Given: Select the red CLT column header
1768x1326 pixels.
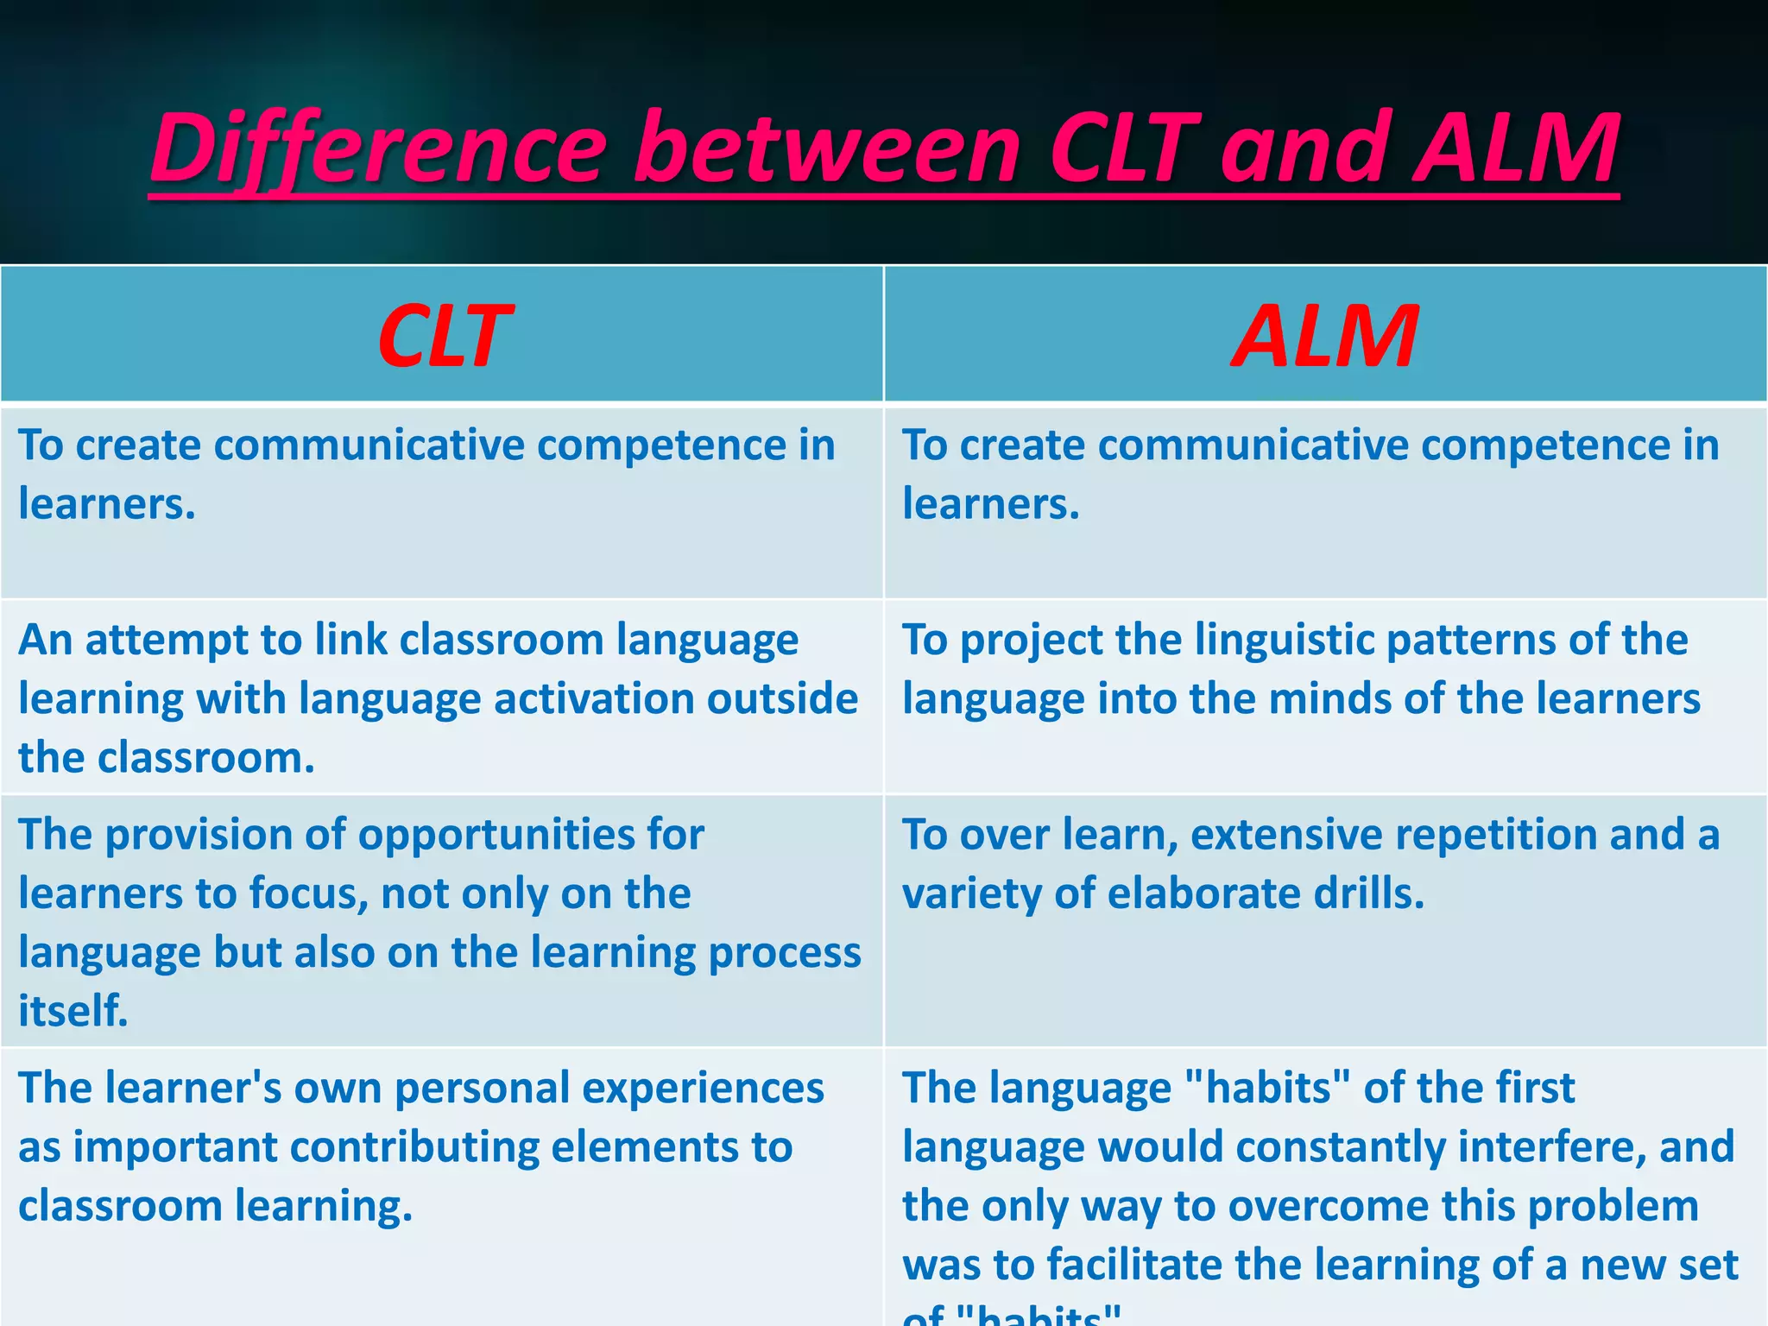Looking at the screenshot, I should (x=444, y=336).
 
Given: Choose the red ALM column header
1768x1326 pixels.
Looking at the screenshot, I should (x=1324, y=336).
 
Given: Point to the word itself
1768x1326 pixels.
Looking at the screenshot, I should (x=73, y=1011).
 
